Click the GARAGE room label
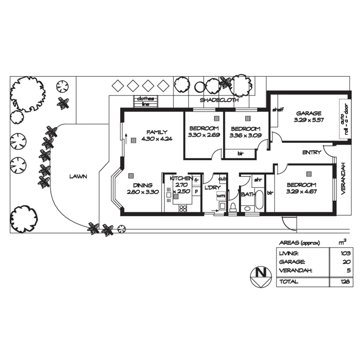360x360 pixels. (309, 113)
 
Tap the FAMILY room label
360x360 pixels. (157, 132)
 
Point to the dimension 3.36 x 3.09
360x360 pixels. (245, 135)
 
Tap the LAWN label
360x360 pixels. (78, 176)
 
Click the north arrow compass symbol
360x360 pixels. (260, 276)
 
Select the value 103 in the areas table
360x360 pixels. (346, 254)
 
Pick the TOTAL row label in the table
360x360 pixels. (289, 282)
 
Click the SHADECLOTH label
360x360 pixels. (219, 100)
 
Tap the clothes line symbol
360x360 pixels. (146, 101)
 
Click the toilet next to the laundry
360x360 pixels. (233, 206)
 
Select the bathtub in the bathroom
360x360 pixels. (259, 200)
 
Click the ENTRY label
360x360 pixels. (311, 152)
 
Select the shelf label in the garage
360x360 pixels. (277, 110)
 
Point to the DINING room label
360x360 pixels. (143, 185)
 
